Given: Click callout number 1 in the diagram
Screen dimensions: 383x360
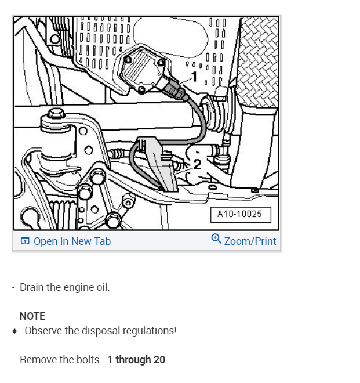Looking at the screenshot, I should (x=194, y=77).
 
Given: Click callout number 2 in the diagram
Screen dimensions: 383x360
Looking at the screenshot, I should (x=197, y=165).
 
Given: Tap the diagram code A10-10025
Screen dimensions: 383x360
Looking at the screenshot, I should (x=239, y=214).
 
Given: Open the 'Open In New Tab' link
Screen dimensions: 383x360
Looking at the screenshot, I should (x=72, y=241).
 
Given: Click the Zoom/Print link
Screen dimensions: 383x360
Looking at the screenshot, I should (x=250, y=241).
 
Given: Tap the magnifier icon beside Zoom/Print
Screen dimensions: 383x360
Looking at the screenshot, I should (x=216, y=239).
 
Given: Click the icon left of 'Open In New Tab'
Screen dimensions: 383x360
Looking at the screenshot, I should (x=25, y=241).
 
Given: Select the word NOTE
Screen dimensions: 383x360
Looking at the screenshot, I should (x=32, y=316).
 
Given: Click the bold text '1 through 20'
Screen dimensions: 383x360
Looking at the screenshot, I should (x=136, y=360).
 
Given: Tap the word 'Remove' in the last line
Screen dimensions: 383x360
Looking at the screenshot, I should (x=38, y=360).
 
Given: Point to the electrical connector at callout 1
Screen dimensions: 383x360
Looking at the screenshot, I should (x=173, y=91).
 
